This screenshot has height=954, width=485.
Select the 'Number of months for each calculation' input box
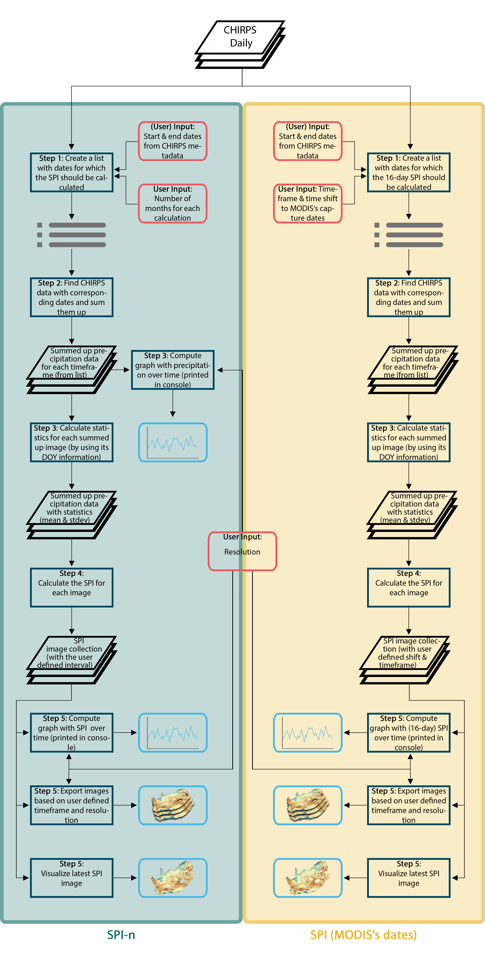[x=172, y=203]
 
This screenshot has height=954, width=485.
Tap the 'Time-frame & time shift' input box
[x=307, y=203]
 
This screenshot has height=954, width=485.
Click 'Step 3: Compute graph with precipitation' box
[x=172, y=370]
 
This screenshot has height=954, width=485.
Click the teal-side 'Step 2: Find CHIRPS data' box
[x=71, y=297]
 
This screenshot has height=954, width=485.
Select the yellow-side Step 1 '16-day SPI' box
[x=408, y=172]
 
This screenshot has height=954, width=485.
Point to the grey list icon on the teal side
[x=71, y=235]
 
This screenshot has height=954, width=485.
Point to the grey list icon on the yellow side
[x=408, y=235]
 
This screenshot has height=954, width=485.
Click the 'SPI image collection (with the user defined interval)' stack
[x=71, y=659]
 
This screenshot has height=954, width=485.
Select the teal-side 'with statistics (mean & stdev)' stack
[x=71, y=514]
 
